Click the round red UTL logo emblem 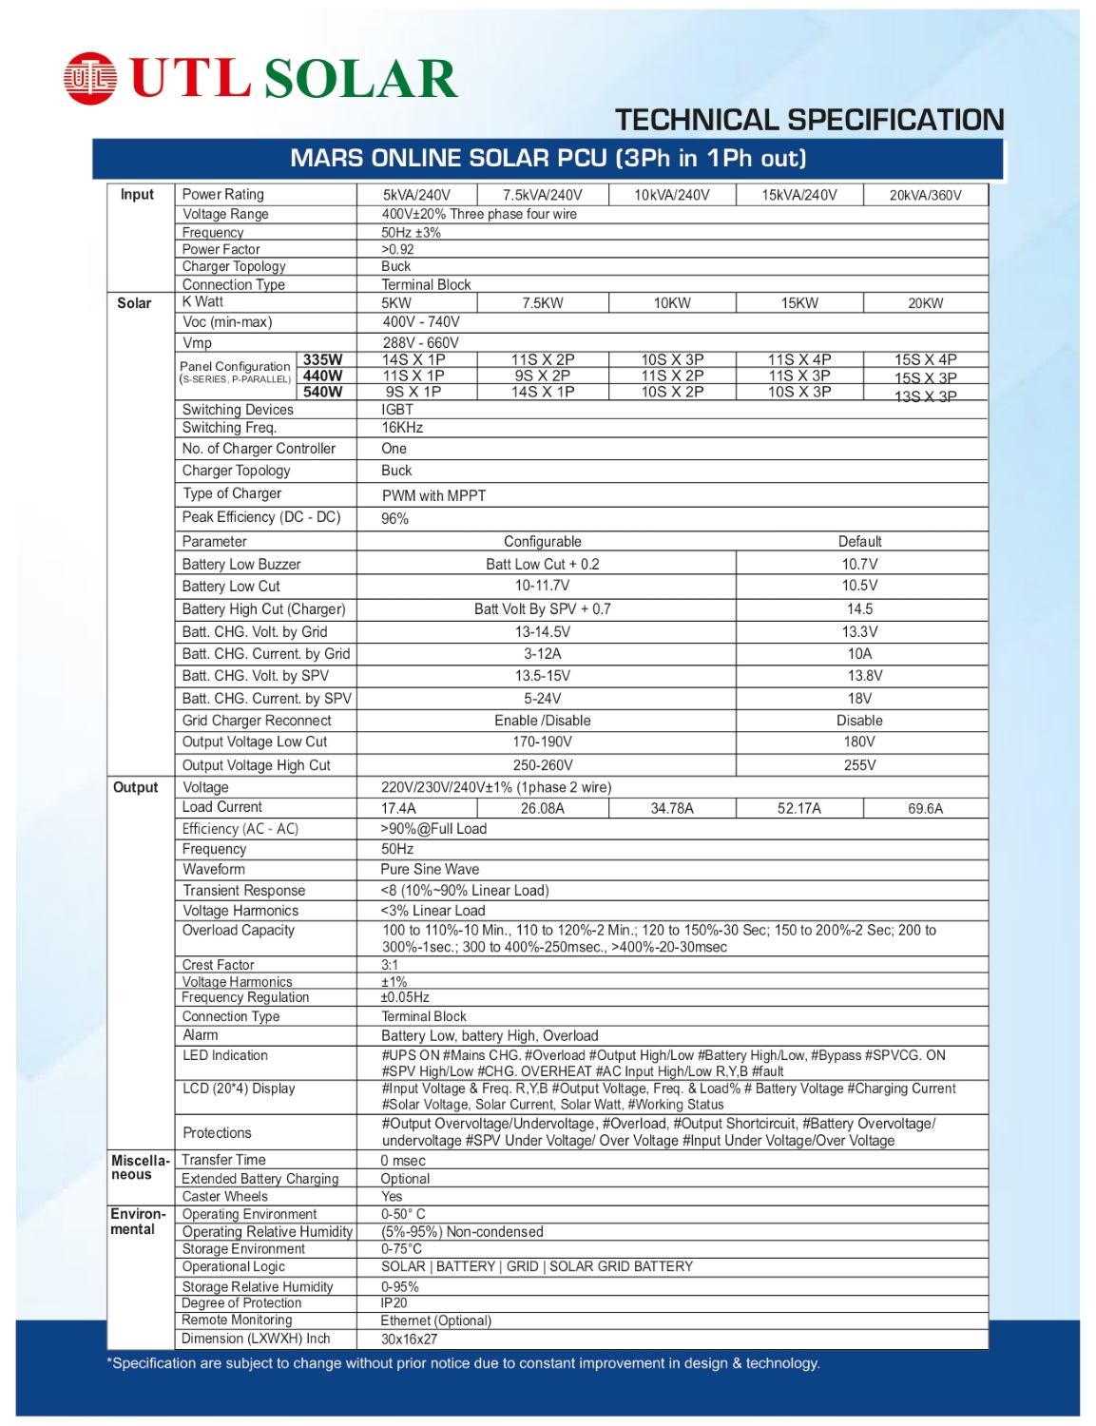(90, 78)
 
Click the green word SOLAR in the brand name (361, 79)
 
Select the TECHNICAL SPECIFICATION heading (809, 120)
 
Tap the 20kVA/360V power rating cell (925, 195)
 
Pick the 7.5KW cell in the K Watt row (542, 303)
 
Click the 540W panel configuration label (323, 392)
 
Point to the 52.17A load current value (798, 808)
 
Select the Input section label (137, 194)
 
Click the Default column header (859, 541)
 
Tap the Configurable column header (542, 541)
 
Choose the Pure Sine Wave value (430, 869)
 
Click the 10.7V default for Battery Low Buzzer (859, 564)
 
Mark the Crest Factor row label (219, 965)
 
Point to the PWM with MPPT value (433, 495)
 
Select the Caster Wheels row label (225, 1196)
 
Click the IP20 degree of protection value (394, 1302)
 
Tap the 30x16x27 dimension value (409, 1339)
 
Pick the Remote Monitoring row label (238, 1320)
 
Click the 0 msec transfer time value (403, 1161)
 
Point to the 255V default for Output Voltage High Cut (859, 764)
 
